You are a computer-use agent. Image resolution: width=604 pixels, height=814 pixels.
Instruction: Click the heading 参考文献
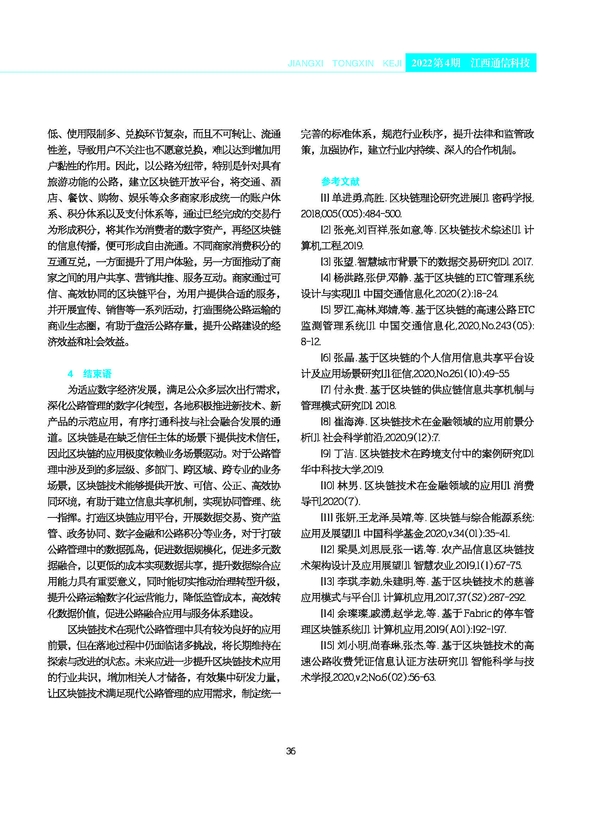tap(341, 181)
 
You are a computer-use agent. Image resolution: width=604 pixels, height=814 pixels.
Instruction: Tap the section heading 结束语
tap(97, 373)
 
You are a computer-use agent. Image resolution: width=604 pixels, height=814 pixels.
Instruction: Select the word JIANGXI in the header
tap(305, 63)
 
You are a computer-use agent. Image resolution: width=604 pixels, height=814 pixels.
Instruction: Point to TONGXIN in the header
tap(353, 63)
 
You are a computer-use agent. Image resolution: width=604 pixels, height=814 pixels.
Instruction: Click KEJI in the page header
tap(392, 63)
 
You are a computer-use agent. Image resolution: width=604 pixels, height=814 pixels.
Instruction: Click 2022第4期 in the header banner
tap(435, 63)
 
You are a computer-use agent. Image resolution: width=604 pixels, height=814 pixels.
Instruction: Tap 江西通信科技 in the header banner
tap(500, 63)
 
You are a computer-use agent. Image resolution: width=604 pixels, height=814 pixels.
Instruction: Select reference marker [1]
tap(325, 198)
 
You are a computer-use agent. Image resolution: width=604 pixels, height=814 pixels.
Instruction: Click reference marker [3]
tap(326, 262)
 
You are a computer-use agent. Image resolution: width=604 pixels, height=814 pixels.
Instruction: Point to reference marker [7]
tap(326, 390)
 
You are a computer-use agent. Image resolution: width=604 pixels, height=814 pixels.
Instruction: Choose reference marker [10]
tap(328, 485)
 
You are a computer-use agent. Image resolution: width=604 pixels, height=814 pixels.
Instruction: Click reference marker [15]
tap(328, 645)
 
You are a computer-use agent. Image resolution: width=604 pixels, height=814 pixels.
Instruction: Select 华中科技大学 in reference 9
tap(331, 470)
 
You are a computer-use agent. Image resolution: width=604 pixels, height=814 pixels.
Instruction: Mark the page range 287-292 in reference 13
tap(507, 597)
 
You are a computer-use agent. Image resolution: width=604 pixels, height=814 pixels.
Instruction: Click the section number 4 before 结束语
tap(70, 374)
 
